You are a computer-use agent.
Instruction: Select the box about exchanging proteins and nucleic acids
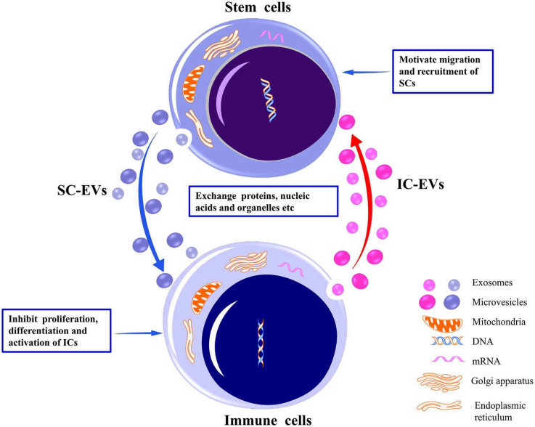point(263,200)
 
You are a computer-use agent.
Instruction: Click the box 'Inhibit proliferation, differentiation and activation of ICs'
point(58,331)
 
